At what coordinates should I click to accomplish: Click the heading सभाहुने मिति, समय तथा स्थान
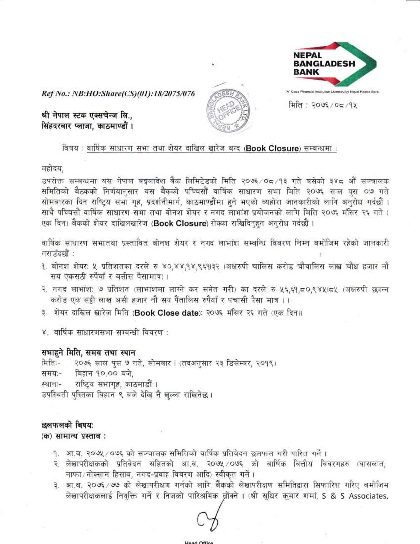(92, 352)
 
